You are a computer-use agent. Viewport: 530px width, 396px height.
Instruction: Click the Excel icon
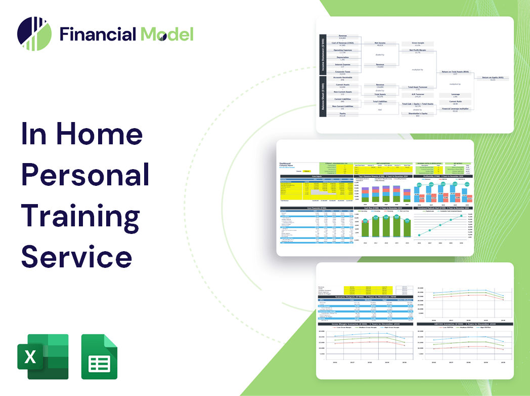pos(43,357)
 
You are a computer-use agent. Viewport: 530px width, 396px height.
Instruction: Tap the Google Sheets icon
pos(99,357)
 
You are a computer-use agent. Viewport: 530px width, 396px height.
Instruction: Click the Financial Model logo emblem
pos(34,33)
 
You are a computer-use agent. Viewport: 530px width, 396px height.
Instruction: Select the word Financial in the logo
pos(98,34)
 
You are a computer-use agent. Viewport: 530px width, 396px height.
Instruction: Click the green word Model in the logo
pos(167,34)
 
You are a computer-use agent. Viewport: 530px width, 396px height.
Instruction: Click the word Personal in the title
pos(85,175)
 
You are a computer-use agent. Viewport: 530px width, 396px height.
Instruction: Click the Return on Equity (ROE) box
pos(493,78)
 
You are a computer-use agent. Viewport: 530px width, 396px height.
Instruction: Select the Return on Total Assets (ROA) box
pos(455,73)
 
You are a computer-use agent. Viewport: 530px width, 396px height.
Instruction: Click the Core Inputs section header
pos(316,176)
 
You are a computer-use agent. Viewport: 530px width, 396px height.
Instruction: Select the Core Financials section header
pos(316,208)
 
